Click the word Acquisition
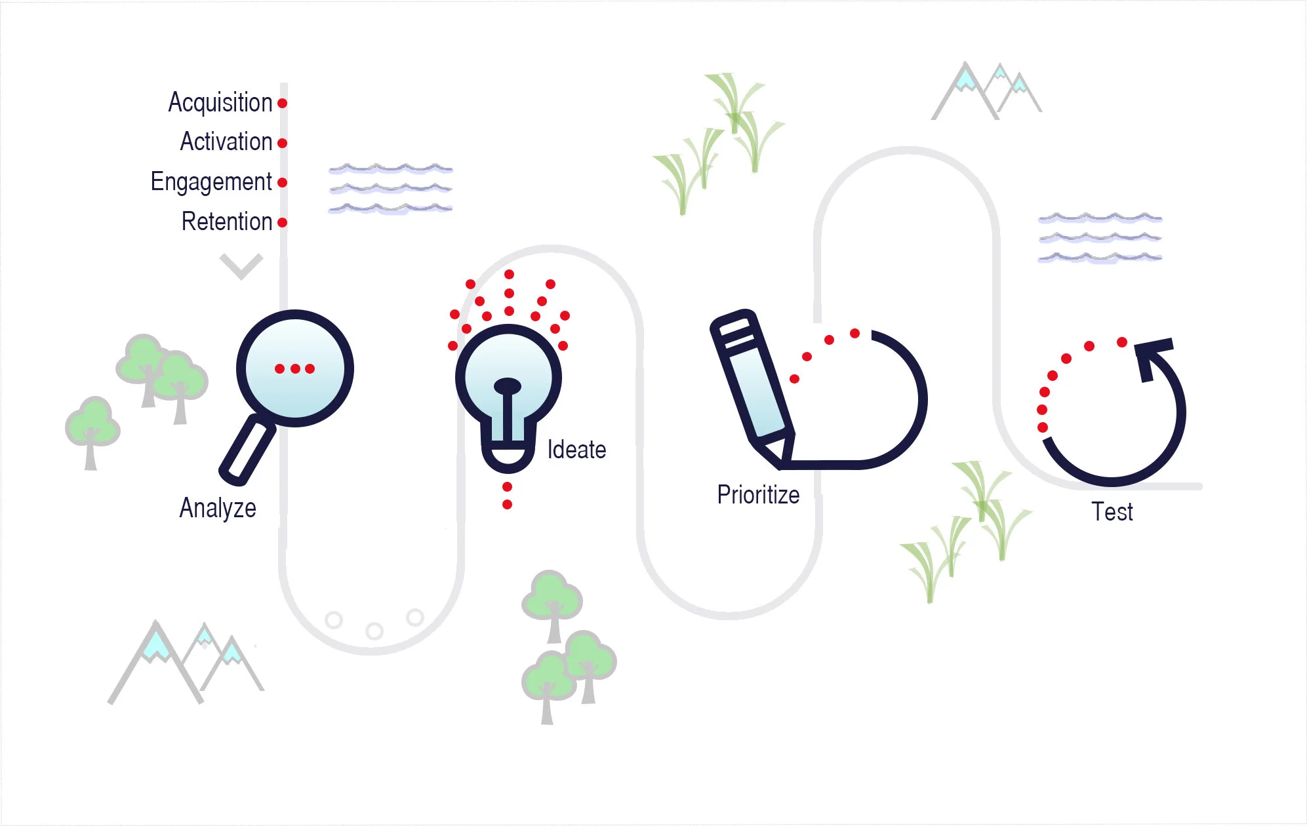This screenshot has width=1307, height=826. [x=220, y=103]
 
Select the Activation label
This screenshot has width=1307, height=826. [x=226, y=142]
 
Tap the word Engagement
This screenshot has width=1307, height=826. [x=211, y=182]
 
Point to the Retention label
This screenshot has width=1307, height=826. [x=226, y=222]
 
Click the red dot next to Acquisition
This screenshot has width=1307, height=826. [x=282, y=104]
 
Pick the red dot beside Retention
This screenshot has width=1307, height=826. [x=282, y=222]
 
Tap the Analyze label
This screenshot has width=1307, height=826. [x=218, y=508]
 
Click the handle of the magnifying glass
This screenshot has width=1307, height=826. [x=247, y=451]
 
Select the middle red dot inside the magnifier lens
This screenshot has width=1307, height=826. [x=294, y=368]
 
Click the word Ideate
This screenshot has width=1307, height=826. [x=576, y=450]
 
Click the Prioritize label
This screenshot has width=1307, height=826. [x=758, y=495]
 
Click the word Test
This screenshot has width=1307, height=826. [x=1112, y=512]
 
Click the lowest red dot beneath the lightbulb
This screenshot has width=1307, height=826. [x=507, y=504]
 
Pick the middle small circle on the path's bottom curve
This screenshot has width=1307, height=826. [x=374, y=631]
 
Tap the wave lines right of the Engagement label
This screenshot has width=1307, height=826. [x=391, y=189]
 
